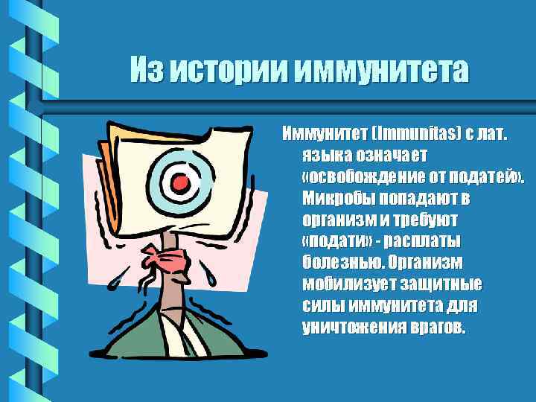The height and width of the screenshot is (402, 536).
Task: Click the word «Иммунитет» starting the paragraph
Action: pos(321,135)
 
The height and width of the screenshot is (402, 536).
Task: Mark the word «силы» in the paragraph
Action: pos(322,307)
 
